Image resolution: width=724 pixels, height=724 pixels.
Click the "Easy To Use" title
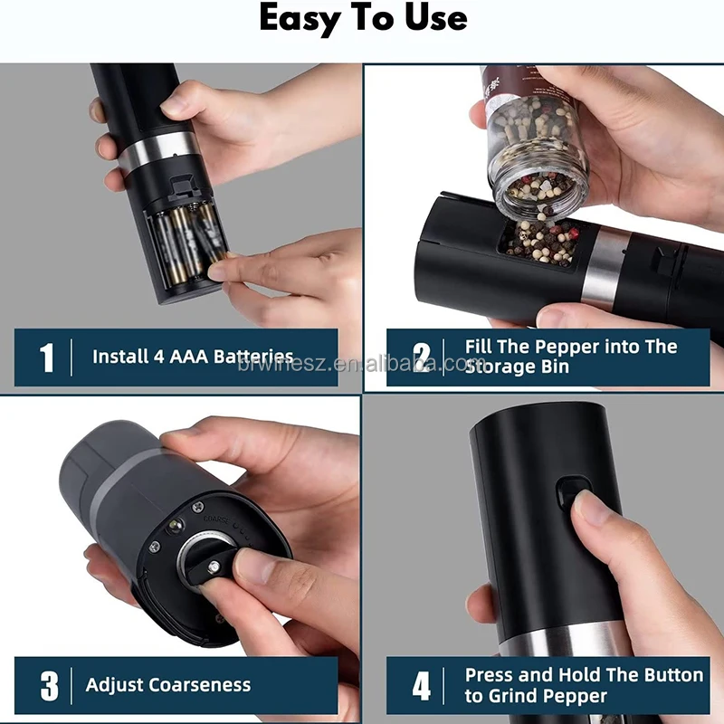(x=364, y=18)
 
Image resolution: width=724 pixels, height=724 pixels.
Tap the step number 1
(x=47, y=357)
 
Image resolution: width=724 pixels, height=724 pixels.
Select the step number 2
(x=422, y=357)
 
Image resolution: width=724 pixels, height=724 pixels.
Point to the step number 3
(x=50, y=686)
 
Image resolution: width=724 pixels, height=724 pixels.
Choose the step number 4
(x=422, y=686)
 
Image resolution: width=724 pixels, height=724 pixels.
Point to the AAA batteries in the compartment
(x=187, y=243)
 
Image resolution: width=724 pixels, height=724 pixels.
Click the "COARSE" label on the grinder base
(x=216, y=519)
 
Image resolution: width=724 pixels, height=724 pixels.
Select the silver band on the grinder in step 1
(x=158, y=150)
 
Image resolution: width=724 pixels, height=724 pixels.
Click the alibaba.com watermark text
(x=356, y=365)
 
